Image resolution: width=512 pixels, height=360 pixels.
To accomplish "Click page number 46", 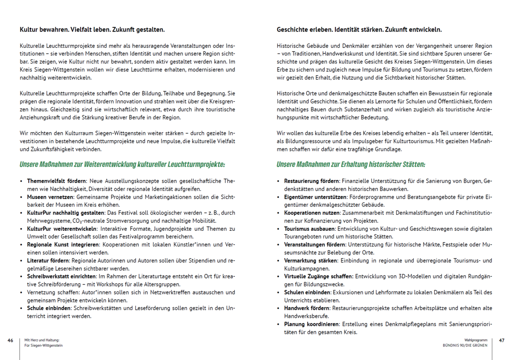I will pyautogui.click(x=11, y=340).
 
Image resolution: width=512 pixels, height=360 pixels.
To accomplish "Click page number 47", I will pyautogui.click(x=501, y=340).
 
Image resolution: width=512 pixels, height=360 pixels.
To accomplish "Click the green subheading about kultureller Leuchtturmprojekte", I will pyautogui.click(x=122, y=164).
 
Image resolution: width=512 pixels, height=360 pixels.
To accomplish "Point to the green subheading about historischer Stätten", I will pyautogui.click(x=351, y=164).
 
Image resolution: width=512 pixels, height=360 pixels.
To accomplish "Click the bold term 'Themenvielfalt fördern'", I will pyautogui.click(x=57, y=181).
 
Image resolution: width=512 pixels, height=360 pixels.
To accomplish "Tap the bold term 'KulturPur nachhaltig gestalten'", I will pyautogui.click(x=66, y=213).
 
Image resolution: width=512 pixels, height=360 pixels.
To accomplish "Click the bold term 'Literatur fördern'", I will pyautogui.click(x=49, y=261).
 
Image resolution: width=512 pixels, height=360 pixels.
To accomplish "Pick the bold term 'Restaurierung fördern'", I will pyautogui.click(x=311, y=181).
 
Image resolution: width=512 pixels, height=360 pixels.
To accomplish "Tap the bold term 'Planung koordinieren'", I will pyautogui.click(x=311, y=324).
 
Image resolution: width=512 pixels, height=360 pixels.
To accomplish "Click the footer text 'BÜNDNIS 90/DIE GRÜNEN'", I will pyautogui.click(x=465, y=345).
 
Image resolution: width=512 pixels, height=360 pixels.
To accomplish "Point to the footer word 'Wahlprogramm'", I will pyautogui.click(x=476, y=340).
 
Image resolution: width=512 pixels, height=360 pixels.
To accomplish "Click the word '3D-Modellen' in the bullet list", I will pyautogui.click(x=411, y=276).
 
